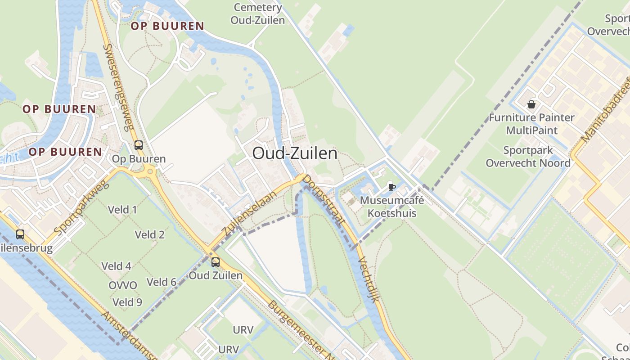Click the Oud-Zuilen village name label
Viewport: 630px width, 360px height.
[x=295, y=153]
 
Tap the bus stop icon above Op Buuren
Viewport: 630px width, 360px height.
[x=139, y=145]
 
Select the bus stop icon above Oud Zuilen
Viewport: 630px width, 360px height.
[x=216, y=262]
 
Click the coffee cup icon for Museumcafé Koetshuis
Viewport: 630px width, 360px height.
[x=391, y=187]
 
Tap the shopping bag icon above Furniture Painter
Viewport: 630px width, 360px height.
[x=531, y=104]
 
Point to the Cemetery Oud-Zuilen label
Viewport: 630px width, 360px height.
[x=258, y=14]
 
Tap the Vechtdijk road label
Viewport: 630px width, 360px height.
[x=369, y=279]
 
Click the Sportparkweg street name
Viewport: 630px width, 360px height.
[x=81, y=209]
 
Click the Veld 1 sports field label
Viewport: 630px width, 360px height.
[x=122, y=210]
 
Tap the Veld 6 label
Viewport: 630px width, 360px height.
[x=162, y=282]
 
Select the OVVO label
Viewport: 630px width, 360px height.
[x=123, y=285]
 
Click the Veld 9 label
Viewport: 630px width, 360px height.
[x=127, y=302]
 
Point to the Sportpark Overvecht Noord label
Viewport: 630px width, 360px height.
[x=528, y=157]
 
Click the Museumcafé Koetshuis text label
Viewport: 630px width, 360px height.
[x=392, y=207]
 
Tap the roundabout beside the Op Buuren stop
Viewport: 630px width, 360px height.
[x=149, y=171]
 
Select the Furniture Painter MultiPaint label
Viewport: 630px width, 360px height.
[x=531, y=124]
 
